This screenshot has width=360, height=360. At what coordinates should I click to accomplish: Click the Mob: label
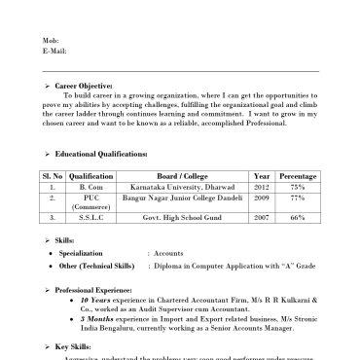(51, 40)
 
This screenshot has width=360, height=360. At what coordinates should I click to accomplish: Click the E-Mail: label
(54, 51)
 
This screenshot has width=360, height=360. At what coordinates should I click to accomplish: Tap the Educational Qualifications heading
(101, 155)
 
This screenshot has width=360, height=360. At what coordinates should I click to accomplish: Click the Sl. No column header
(52, 176)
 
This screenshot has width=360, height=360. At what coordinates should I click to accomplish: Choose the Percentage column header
(298, 176)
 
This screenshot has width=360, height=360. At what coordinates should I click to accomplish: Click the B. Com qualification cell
(90, 187)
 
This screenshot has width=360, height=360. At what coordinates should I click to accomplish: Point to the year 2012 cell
(261, 187)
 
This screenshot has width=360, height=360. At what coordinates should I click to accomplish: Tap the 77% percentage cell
(298, 197)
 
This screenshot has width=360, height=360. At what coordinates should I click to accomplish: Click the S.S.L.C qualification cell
(90, 218)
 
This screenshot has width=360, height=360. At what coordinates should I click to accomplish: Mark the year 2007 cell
(261, 218)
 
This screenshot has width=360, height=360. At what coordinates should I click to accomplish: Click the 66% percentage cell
(298, 218)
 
